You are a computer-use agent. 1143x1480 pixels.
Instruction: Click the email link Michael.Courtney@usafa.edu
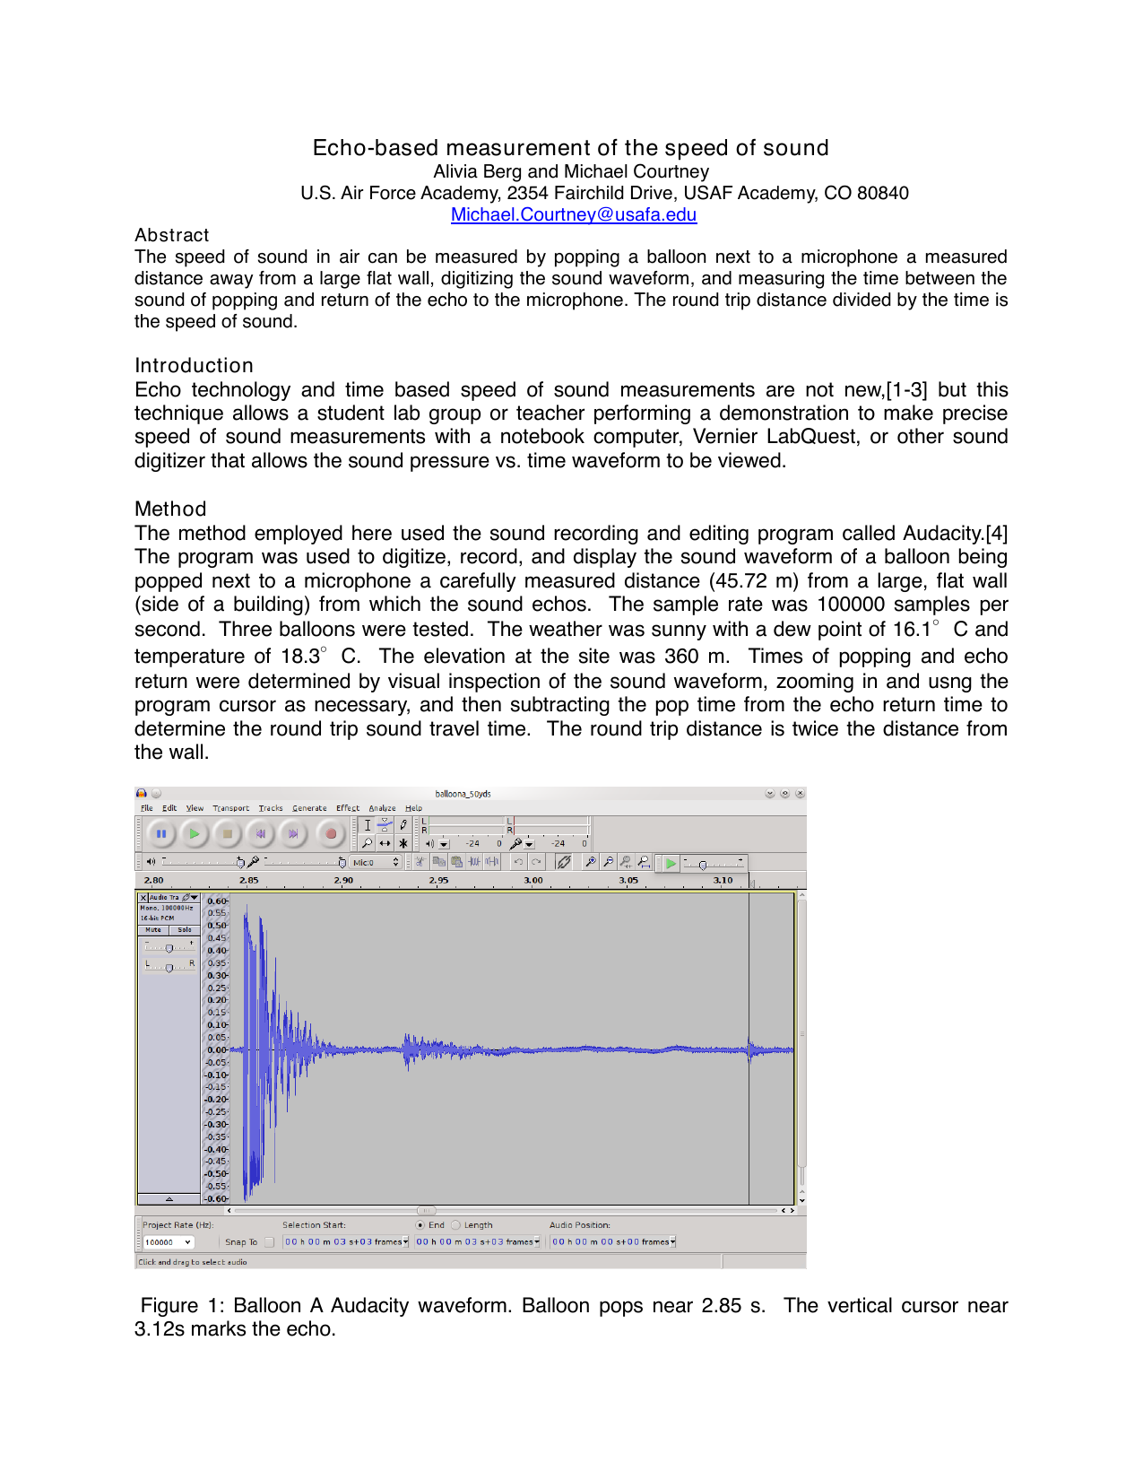[x=573, y=214]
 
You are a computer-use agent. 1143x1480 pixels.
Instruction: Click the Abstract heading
[x=171, y=235]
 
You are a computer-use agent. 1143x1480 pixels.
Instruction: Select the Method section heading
[x=170, y=509]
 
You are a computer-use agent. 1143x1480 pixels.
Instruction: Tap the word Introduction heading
[x=194, y=365]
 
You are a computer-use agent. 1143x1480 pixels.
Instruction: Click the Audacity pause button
[x=161, y=834]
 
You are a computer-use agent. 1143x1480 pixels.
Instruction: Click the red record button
[x=331, y=834]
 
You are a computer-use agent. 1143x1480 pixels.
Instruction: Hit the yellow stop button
[x=228, y=834]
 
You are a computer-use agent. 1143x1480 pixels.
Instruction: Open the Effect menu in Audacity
[x=348, y=808]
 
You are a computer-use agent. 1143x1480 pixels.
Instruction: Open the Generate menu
[x=309, y=808]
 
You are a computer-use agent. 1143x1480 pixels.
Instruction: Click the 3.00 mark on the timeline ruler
[x=533, y=881]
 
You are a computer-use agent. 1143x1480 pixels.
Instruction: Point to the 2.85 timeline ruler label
[x=249, y=881]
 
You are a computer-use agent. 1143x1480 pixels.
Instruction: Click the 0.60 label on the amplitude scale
[x=216, y=901]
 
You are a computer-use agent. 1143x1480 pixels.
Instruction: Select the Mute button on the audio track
[x=153, y=930]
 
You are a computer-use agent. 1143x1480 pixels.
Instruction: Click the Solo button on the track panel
[x=185, y=930]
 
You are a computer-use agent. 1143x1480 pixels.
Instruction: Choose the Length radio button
[x=456, y=1225]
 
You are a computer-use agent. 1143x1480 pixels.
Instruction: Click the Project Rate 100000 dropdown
[x=168, y=1242]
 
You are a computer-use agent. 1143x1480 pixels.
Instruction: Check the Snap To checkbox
[x=269, y=1242]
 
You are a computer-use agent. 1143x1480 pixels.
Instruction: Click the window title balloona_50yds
[x=463, y=794]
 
